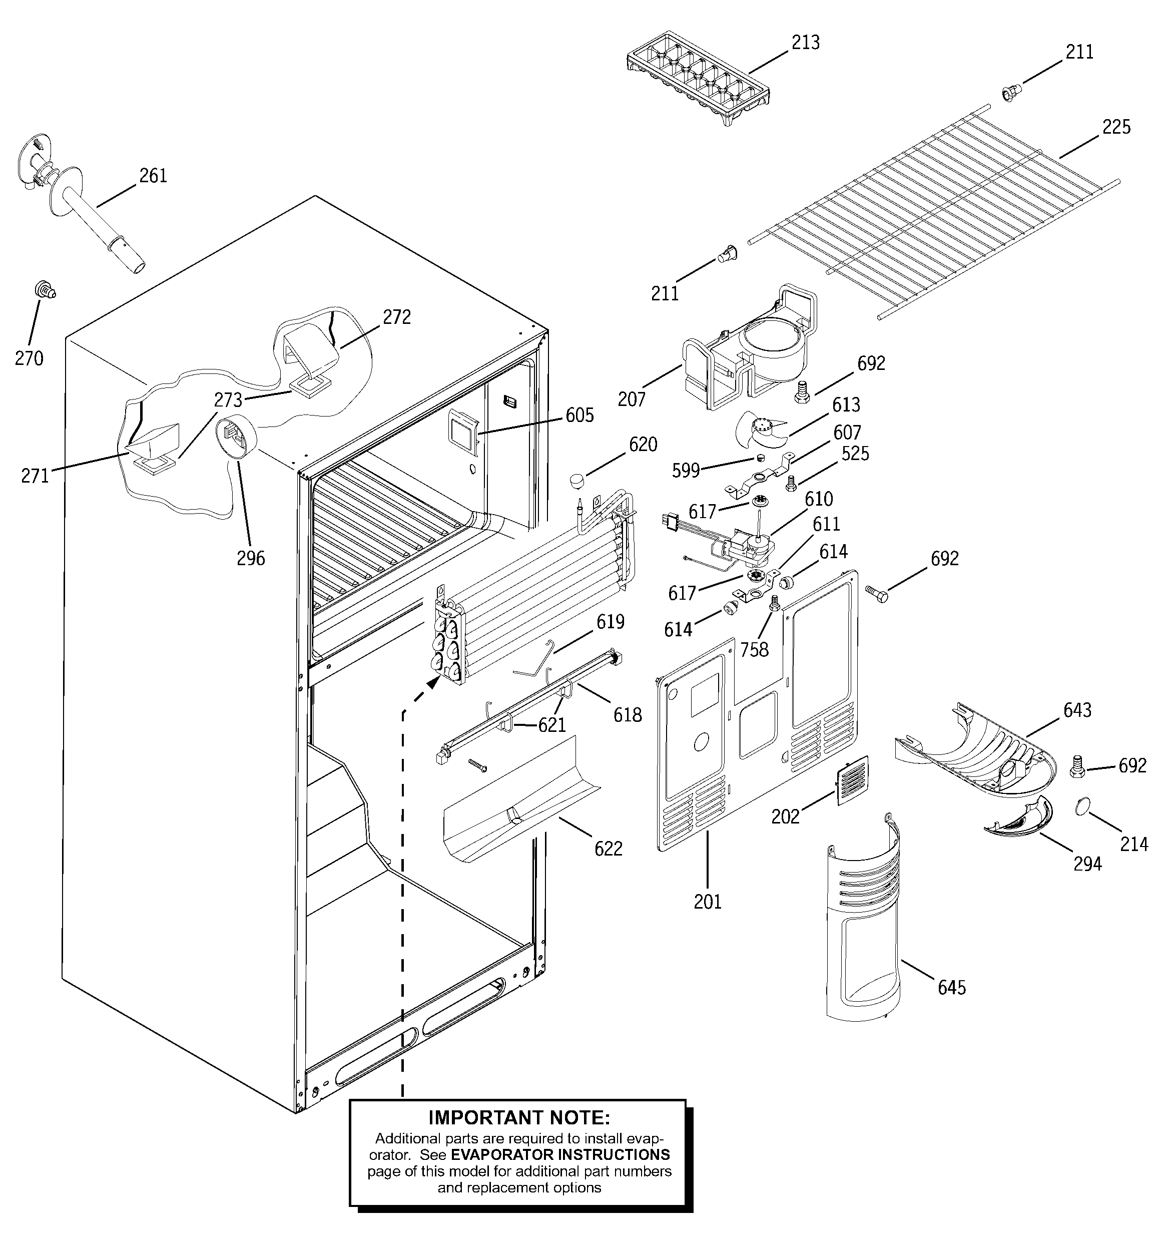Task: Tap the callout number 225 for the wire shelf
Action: tap(1116, 127)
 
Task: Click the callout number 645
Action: tap(952, 987)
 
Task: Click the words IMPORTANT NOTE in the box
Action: tap(519, 1117)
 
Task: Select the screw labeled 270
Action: tap(45, 290)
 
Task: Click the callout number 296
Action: tap(251, 558)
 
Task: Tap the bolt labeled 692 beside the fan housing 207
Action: tap(803, 392)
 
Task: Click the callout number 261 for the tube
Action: tap(153, 176)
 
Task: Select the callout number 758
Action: tap(754, 650)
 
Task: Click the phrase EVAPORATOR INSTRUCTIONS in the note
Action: tap(560, 1154)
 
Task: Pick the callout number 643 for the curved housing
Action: tap(1077, 710)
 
